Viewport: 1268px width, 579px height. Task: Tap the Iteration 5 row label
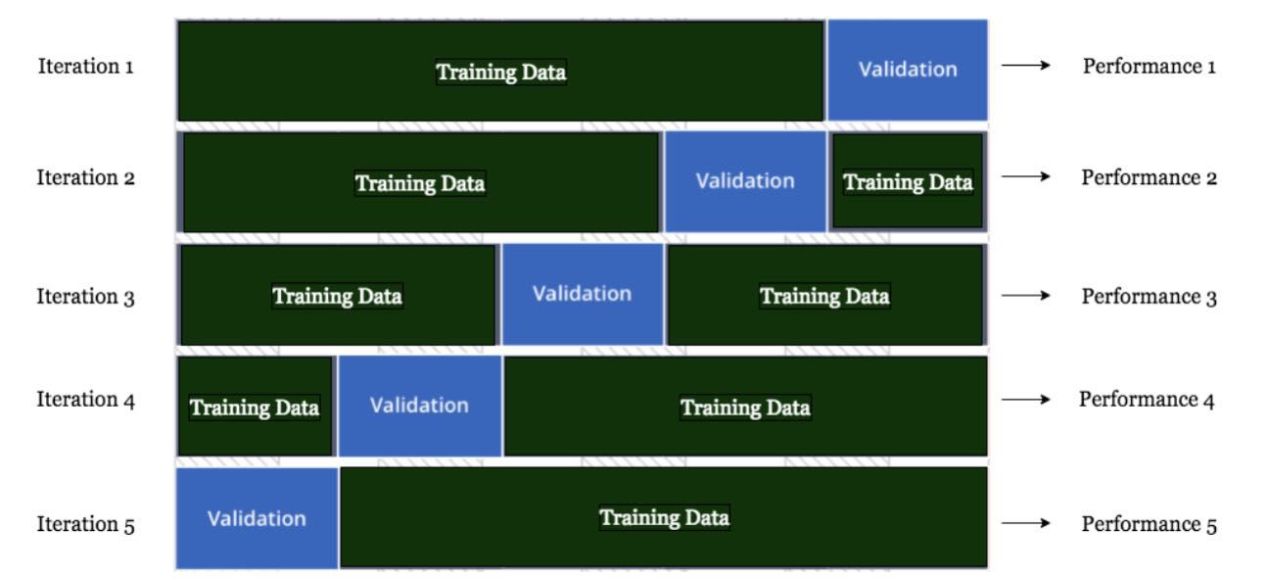(x=85, y=524)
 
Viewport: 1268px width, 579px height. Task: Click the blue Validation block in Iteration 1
(x=908, y=70)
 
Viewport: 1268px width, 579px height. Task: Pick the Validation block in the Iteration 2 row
(x=744, y=181)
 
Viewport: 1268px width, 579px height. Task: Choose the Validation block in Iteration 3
(x=582, y=293)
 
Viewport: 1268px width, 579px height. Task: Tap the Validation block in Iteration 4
(x=419, y=405)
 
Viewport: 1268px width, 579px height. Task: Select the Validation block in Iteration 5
(x=257, y=518)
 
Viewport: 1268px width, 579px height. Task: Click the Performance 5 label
(x=1149, y=524)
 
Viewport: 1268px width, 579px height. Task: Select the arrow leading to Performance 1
(x=1025, y=66)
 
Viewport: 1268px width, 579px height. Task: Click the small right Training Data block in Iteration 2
(x=908, y=182)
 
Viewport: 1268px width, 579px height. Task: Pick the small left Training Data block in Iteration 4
(x=255, y=408)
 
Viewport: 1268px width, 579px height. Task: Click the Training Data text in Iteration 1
(x=501, y=72)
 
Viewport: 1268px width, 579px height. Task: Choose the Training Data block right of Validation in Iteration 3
(x=825, y=295)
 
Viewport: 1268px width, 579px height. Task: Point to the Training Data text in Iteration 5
(x=665, y=517)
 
